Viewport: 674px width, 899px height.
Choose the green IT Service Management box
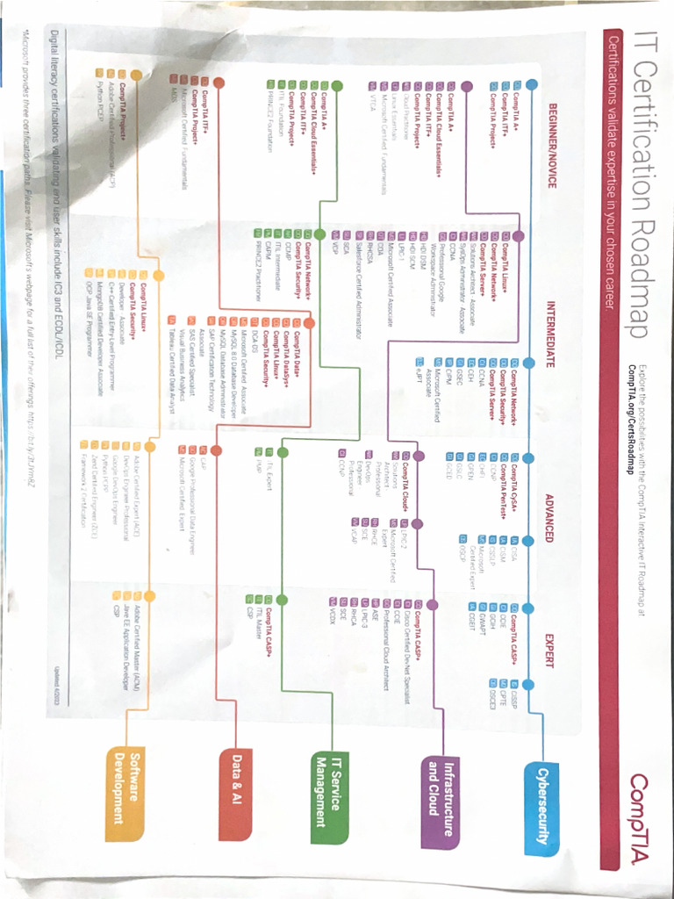[333, 789]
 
